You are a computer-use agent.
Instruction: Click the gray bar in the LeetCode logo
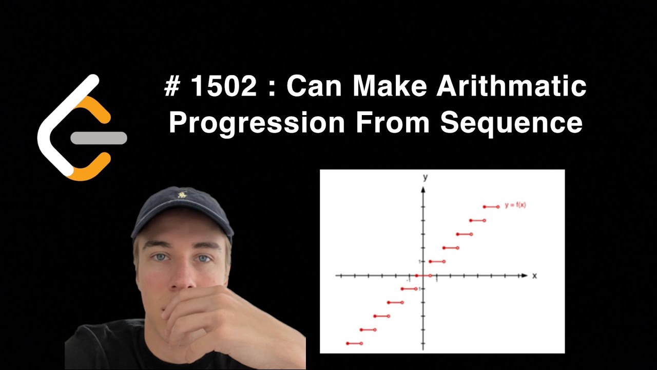(x=99, y=138)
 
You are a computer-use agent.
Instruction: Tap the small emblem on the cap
(x=181, y=195)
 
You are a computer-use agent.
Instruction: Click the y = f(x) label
(x=515, y=205)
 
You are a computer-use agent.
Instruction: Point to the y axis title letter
(x=425, y=177)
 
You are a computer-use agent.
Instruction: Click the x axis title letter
(x=534, y=276)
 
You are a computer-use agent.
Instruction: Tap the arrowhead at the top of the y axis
(x=423, y=189)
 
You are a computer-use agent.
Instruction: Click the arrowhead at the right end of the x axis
(x=524, y=276)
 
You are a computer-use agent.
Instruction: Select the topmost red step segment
(x=491, y=207)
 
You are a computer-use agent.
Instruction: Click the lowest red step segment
(x=354, y=343)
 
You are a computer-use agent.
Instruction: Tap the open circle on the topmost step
(x=498, y=207)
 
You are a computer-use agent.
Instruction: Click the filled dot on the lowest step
(x=347, y=343)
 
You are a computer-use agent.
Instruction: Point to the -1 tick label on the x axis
(x=409, y=280)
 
